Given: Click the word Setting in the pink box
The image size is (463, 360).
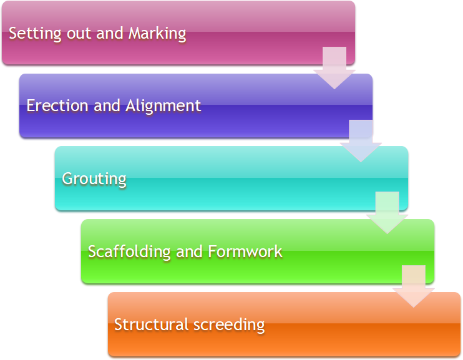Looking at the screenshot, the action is (35, 33).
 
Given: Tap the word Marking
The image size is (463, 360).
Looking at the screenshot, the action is (157, 33).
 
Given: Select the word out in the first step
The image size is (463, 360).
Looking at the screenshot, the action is (79, 33).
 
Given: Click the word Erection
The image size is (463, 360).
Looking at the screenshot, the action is (57, 105).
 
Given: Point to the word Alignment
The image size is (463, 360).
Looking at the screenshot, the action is (163, 106).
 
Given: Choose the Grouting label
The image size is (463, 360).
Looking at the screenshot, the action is (94, 179).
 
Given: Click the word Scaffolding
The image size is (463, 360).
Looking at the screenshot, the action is (129, 252).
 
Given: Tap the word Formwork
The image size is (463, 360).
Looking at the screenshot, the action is (245, 251).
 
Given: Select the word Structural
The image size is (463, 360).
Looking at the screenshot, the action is (151, 324).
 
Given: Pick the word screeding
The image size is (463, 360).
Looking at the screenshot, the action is (229, 325).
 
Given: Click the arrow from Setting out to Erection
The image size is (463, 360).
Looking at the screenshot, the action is (334, 68).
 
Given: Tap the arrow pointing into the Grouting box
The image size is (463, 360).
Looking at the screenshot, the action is (361, 141).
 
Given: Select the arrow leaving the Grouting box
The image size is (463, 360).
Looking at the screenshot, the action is (387, 213).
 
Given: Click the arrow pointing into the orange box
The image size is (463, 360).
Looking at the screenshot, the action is (413, 286).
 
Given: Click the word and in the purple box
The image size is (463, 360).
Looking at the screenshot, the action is (107, 105).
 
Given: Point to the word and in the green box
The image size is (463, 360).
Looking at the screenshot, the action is (189, 251).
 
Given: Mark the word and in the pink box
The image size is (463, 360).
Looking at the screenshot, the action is (110, 33).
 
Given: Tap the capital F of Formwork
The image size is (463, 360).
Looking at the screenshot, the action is (212, 251).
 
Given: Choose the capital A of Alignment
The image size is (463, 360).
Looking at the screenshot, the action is (132, 105).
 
